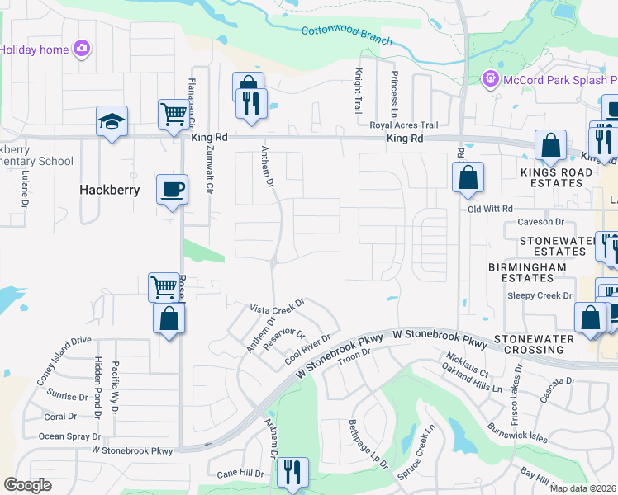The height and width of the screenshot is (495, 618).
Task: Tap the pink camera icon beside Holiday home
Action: pyautogui.click(x=82, y=49)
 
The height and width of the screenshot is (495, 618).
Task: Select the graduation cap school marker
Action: pyautogui.click(x=112, y=122)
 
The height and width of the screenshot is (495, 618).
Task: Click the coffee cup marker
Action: pyautogui.click(x=172, y=189)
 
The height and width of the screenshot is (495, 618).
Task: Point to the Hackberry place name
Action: pyautogui.click(x=110, y=190)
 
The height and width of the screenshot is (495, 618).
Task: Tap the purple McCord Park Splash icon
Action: pyautogui.click(x=490, y=79)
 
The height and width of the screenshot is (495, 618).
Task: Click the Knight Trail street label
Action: pyautogui.click(x=359, y=91)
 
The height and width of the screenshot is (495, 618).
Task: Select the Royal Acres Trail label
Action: pyautogui.click(x=403, y=125)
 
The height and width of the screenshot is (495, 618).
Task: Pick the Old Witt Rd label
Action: pyautogui.click(x=490, y=209)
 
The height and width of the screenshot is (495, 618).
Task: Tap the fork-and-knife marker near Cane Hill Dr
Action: pyautogui.click(x=292, y=473)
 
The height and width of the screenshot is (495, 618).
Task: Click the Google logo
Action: pyautogui.click(x=28, y=485)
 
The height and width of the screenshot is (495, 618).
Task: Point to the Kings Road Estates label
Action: pyautogui.click(x=556, y=177)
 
